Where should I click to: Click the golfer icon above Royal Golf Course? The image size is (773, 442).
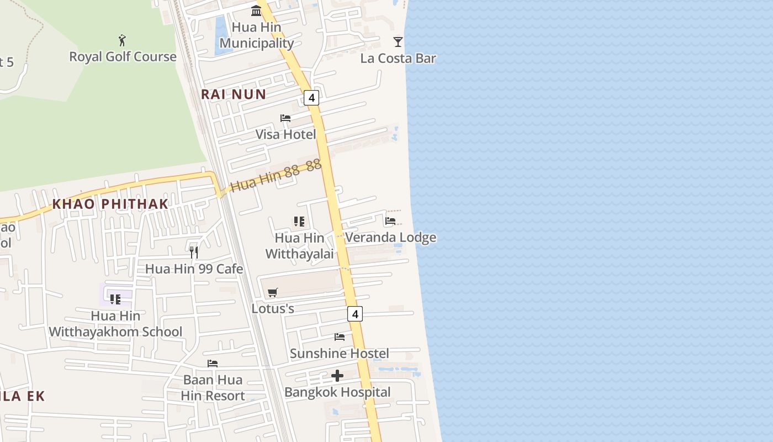tap(122, 40)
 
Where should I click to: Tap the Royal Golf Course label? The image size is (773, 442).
tap(123, 57)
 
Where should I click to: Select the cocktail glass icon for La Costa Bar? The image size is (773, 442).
tap(398, 42)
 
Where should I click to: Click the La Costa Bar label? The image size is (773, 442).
tap(398, 59)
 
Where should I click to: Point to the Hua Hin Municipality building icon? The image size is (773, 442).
tap(256, 10)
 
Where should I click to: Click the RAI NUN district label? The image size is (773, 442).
tap(234, 94)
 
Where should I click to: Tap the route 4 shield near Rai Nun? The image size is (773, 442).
tap(311, 98)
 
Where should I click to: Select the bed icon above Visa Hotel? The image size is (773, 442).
tap(285, 118)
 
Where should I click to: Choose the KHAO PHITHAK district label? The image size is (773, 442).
tap(110, 204)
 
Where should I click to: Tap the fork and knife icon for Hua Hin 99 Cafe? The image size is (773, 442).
tap(194, 252)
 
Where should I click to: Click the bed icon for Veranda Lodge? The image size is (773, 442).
tap(390, 221)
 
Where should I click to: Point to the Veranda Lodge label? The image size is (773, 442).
tap(390, 238)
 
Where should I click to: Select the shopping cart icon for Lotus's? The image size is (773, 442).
tap(273, 292)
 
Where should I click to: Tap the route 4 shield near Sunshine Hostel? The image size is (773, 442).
tap(355, 314)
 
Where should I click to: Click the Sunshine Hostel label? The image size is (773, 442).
tap(340, 354)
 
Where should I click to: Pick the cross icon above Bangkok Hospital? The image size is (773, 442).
tap(337, 376)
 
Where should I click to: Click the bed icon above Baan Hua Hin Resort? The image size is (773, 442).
tap(213, 364)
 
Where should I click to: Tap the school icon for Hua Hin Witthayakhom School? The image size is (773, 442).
tap(115, 299)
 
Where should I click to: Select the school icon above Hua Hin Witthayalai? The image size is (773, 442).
tap(299, 222)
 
